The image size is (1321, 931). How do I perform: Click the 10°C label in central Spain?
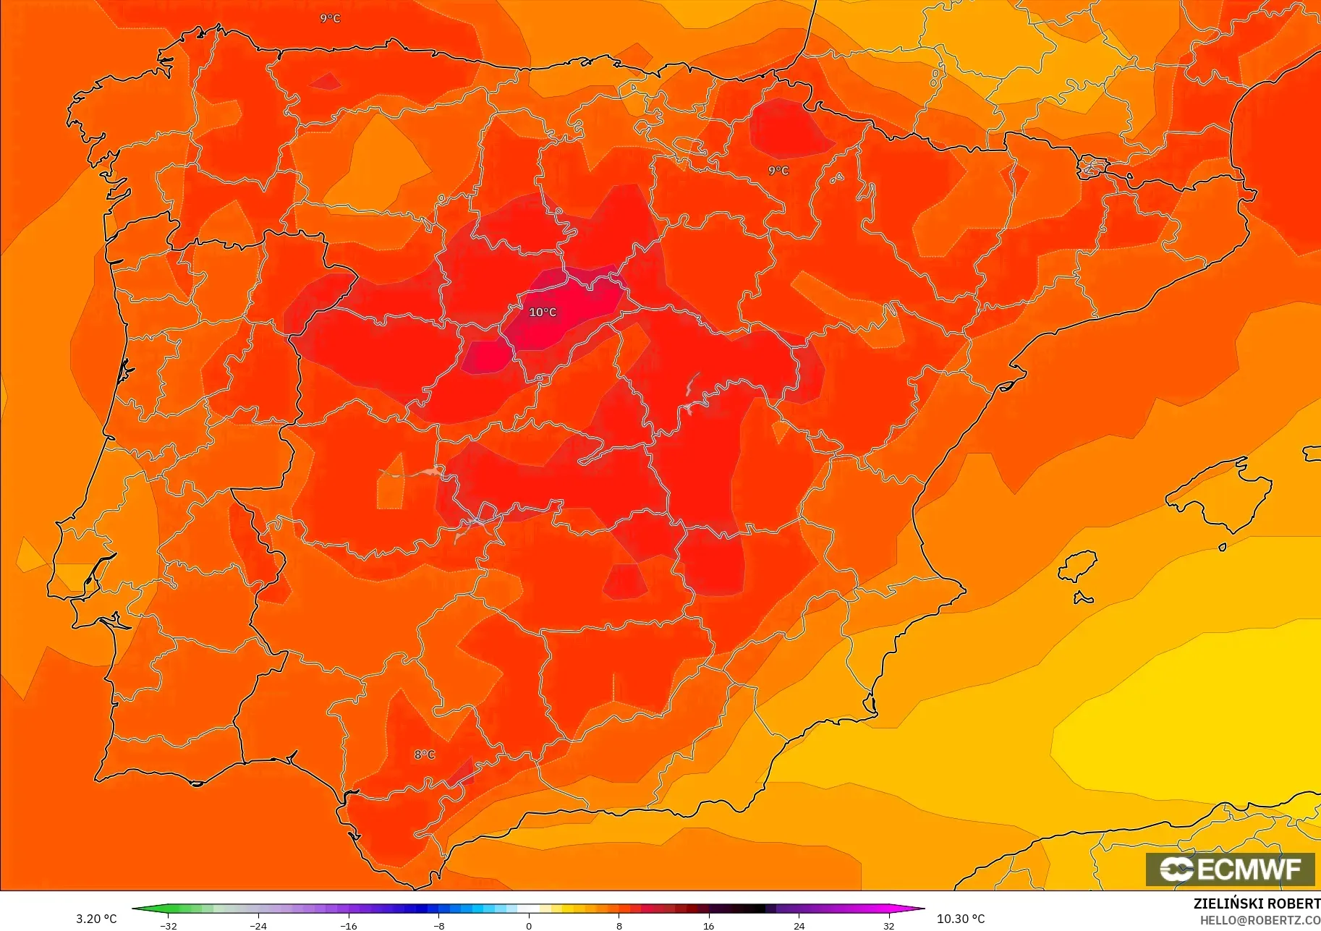(543, 313)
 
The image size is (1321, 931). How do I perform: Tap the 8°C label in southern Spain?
(425, 754)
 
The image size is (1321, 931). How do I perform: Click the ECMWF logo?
(1230, 869)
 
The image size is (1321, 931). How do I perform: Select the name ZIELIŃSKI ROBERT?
(1257, 904)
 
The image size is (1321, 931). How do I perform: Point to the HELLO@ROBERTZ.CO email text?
(1260, 920)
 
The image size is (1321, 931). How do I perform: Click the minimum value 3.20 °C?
(96, 919)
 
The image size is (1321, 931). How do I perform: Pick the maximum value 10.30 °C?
(961, 919)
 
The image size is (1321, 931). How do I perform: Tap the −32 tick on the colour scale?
(168, 926)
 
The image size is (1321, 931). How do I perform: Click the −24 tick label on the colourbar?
(258, 926)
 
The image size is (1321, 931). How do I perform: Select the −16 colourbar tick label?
(348, 926)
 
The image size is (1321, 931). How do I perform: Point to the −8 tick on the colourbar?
(439, 926)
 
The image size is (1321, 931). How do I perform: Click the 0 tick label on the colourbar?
(529, 926)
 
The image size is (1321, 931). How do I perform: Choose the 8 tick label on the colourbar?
(619, 926)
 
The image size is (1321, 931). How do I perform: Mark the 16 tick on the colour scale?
(709, 926)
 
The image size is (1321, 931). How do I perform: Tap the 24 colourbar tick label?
(799, 926)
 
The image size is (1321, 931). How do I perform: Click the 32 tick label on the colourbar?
(889, 926)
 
